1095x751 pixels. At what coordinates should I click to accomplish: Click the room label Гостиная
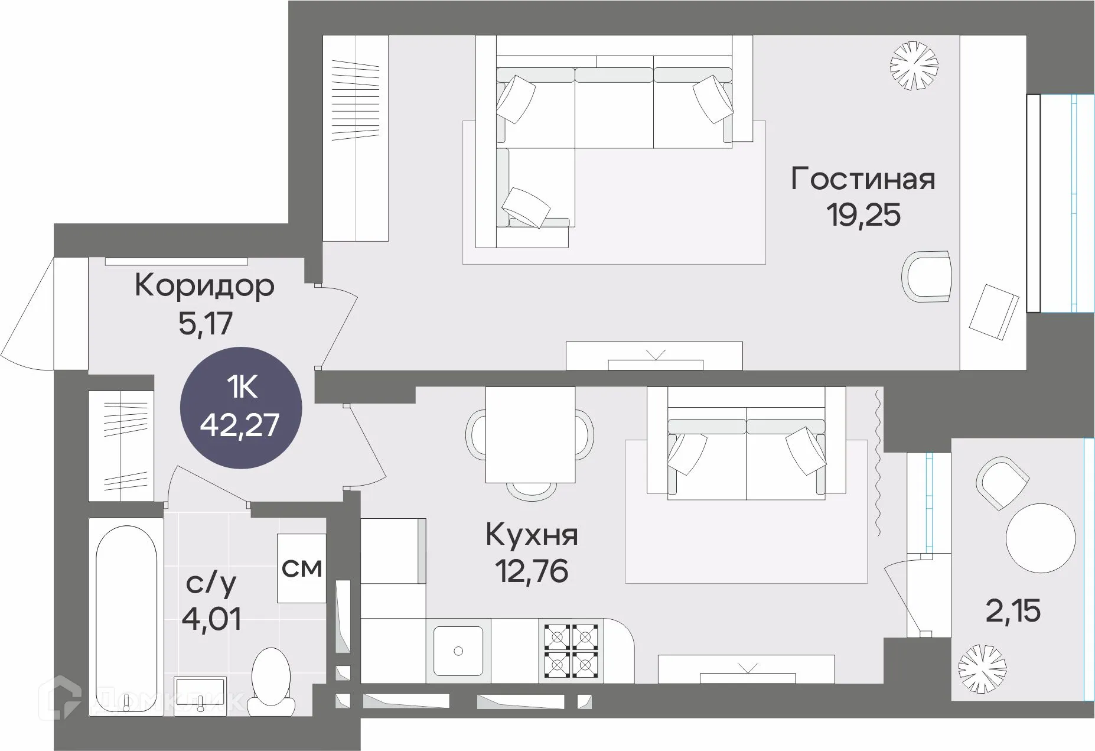(x=863, y=179)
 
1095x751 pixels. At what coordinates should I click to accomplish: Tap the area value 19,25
(x=863, y=215)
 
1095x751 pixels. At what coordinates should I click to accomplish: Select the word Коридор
(x=204, y=287)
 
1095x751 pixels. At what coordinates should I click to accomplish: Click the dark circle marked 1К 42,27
(x=240, y=407)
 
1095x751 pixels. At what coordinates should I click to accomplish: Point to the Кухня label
(x=532, y=535)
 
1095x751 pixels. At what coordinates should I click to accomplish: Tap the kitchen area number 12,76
(x=532, y=571)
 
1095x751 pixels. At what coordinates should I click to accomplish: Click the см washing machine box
(x=302, y=568)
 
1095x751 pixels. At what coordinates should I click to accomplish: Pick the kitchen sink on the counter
(x=458, y=651)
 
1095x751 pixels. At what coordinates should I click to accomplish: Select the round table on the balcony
(x=1040, y=538)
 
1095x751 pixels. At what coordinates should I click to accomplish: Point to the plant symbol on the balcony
(x=982, y=669)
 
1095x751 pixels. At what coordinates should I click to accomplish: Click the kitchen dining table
(x=530, y=434)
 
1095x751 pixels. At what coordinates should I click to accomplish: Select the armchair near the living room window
(x=927, y=277)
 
